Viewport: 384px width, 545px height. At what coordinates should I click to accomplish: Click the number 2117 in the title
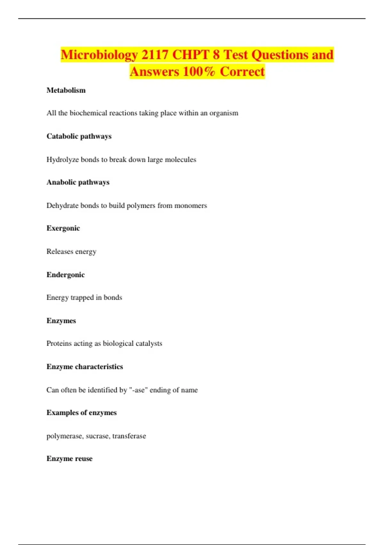click(x=155, y=55)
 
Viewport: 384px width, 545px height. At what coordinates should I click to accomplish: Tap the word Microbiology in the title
click(x=99, y=55)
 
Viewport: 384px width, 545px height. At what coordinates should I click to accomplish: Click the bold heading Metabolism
click(x=66, y=90)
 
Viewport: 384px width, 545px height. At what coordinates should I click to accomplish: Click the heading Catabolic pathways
click(x=79, y=136)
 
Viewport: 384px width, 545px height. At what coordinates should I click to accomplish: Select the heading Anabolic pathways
click(x=78, y=182)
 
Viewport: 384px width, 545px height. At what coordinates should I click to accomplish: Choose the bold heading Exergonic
click(x=63, y=228)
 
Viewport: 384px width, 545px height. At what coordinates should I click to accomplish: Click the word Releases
click(x=60, y=252)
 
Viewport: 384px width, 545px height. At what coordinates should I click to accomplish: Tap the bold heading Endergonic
click(x=66, y=275)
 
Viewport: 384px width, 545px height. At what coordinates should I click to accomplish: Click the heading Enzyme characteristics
click(x=84, y=367)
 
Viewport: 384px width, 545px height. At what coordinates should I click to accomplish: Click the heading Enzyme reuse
click(x=69, y=459)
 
